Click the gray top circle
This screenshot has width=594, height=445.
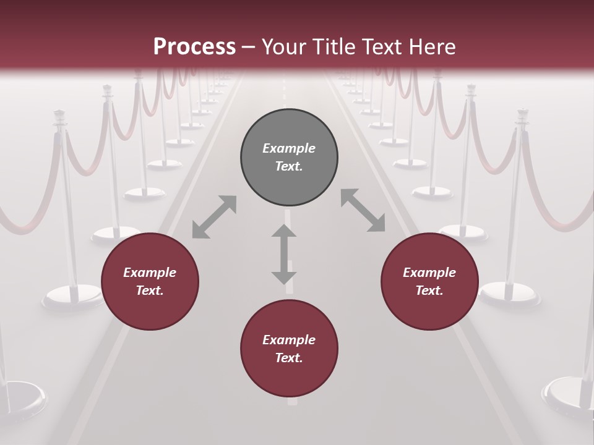[x=289, y=157]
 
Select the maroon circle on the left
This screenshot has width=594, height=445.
[x=150, y=281]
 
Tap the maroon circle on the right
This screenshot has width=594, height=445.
[x=429, y=281]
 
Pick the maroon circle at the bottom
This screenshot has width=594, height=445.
[x=289, y=349]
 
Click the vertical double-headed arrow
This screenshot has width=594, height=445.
[x=284, y=254]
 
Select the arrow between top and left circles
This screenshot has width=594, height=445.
[x=214, y=217]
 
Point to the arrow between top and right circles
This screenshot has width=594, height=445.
[x=363, y=210]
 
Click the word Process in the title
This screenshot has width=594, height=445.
[x=194, y=46]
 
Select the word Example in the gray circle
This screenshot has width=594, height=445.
[x=289, y=148]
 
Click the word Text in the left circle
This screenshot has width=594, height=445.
[x=150, y=290]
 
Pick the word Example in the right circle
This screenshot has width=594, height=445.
[x=429, y=273]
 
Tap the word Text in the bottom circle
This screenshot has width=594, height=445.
[x=289, y=358]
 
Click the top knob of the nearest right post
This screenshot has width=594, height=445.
[x=523, y=115]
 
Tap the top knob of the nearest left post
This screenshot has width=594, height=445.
[x=60, y=116]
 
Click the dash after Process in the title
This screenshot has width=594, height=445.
[x=249, y=47]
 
